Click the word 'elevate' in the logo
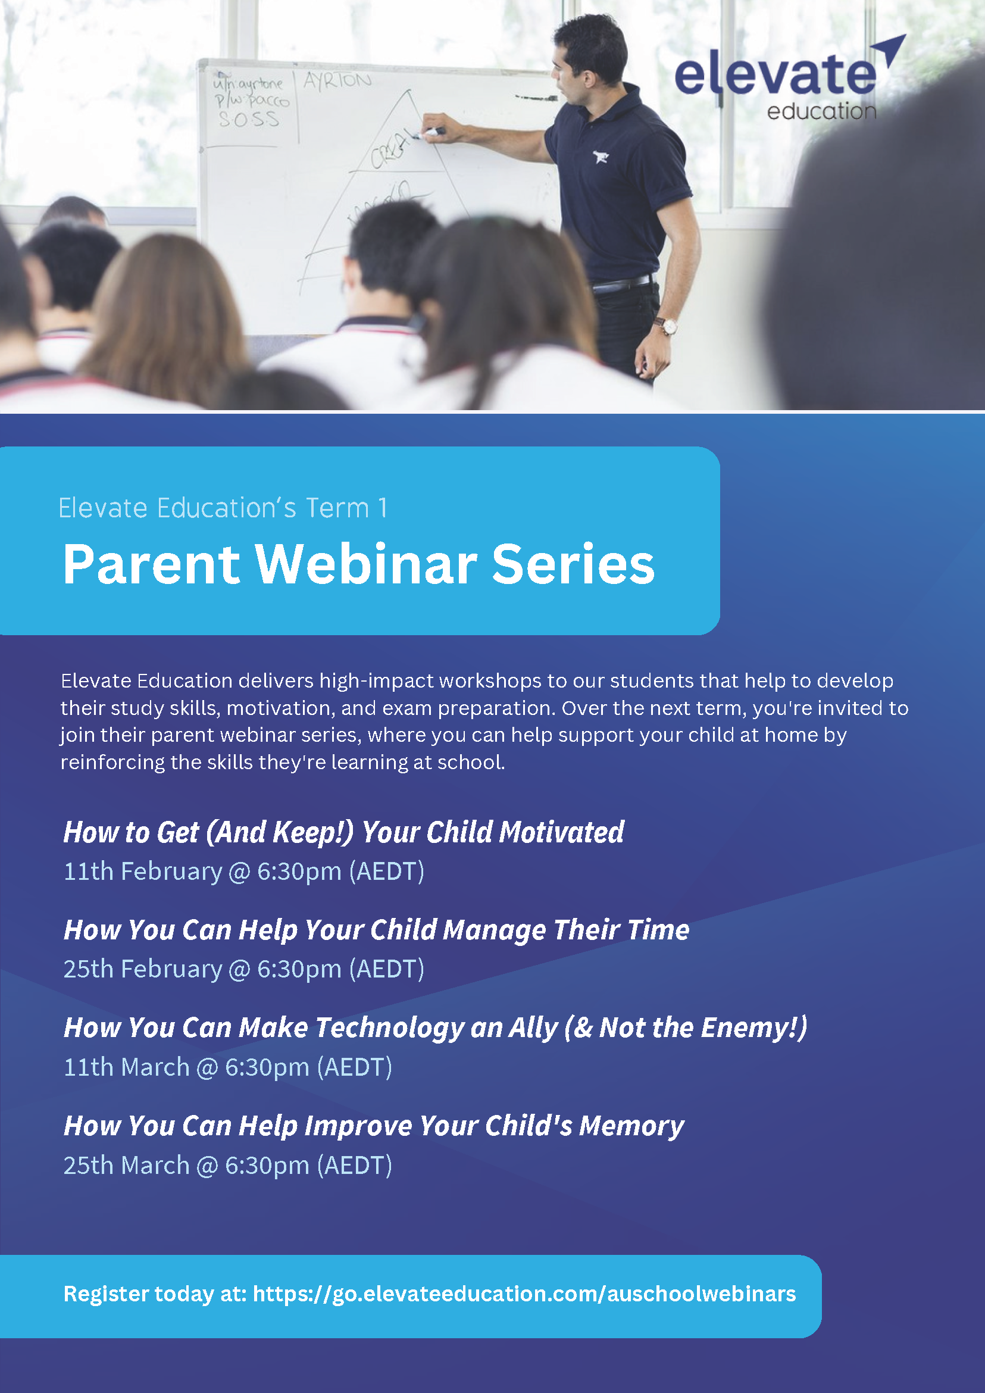[775, 75]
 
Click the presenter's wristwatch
[668, 326]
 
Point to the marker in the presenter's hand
[434, 131]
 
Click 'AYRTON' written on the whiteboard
[337, 81]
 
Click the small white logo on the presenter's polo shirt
[601, 157]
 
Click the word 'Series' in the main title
[573, 564]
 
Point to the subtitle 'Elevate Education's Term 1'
[223, 508]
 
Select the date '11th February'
[143, 872]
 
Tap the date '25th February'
[143, 969]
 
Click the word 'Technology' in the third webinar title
[389, 1027]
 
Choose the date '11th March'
[127, 1067]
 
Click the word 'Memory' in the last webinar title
[631, 1126]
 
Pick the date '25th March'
[127, 1166]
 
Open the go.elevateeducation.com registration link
[524, 1294]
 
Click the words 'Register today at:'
[155, 1294]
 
